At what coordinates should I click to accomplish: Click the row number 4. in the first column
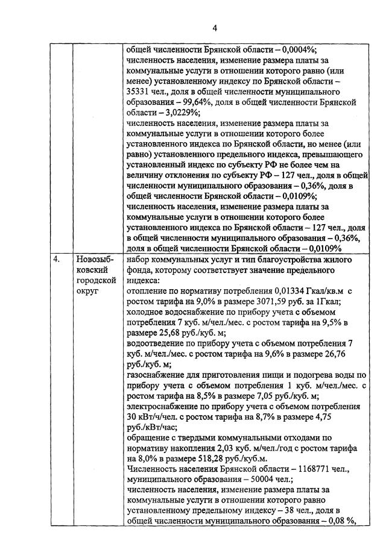(x=56, y=260)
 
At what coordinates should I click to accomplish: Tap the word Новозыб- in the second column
(x=95, y=260)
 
